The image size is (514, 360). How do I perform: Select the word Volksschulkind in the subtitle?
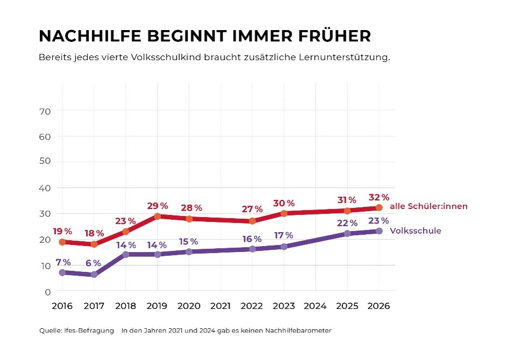[x=166, y=57]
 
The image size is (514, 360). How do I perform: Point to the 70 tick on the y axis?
[x=45, y=112]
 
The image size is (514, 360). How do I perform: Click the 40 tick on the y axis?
[x=45, y=188]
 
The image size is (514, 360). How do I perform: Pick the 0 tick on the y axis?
[x=48, y=292]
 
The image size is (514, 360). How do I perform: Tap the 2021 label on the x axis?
[x=220, y=306]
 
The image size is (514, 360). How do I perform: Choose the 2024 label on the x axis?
[x=315, y=306]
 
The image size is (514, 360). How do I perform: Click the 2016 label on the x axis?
[x=62, y=306]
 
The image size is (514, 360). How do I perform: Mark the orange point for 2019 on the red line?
[x=158, y=216]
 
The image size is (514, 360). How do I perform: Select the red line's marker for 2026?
[x=379, y=207]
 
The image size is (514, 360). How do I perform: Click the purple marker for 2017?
[x=94, y=275]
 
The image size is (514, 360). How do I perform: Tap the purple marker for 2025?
[x=347, y=234]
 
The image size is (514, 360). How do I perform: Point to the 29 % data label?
[x=158, y=206]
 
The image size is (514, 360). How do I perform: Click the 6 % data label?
[x=93, y=263]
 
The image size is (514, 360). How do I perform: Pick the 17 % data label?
[x=283, y=235]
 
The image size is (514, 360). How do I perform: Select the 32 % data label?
[x=379, y=197]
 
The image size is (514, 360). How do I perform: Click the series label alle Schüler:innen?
[x=429, y=206]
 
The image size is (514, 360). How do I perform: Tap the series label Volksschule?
[x=415, y=231]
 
